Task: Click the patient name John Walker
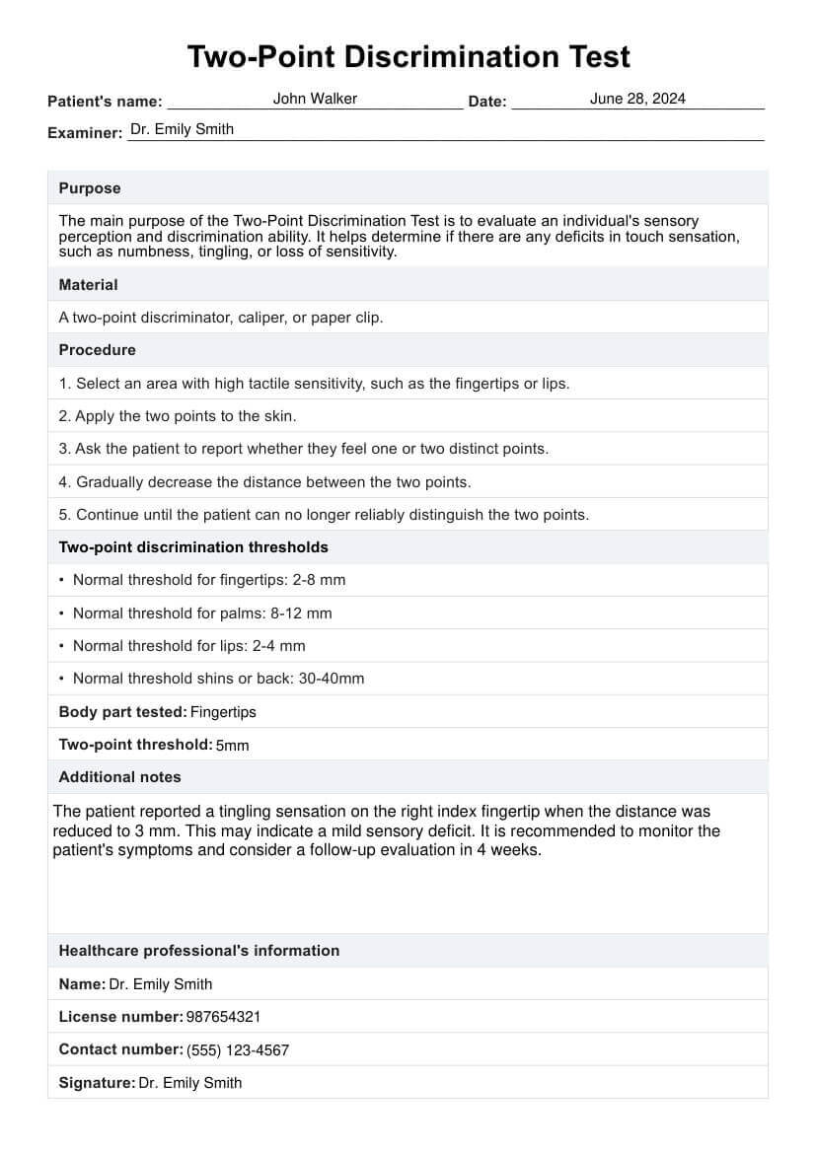(315, 99)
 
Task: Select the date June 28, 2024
(637, 99)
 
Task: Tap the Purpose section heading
(90, 188)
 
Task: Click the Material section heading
(88, 285)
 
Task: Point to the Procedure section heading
(97, 350)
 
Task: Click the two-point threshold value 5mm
(232, 746)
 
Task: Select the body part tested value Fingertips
(223, 712)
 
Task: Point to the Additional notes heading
(119, 777)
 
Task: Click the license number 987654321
(223, 1017)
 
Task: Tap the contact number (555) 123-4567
(238, 1050)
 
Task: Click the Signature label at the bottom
(96, 1082)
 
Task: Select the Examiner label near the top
(84, 132)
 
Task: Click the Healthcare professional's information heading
(198, 951)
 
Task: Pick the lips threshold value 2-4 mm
(281, 646)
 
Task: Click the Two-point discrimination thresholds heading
(193, 547)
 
